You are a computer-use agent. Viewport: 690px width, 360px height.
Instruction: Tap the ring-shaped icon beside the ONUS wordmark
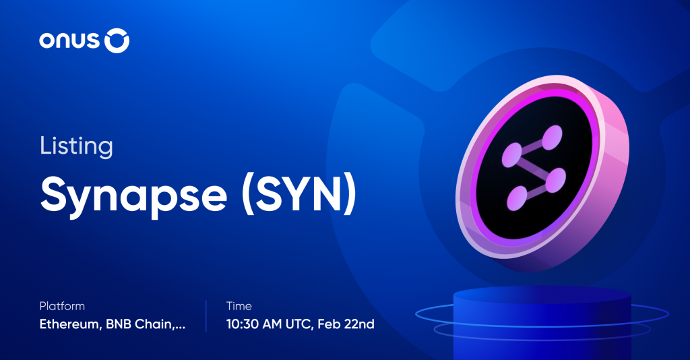tap(117, 42)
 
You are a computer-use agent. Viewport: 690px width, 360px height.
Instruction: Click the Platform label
tap(62, 306)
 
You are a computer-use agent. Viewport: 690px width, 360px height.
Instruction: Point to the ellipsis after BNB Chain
tap(180, 327)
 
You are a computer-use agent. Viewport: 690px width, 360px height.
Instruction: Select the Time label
tap(239, 306)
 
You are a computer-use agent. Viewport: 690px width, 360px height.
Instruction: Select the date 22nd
tap(361, 324)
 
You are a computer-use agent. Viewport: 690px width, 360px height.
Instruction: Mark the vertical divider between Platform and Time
tap(206, 316)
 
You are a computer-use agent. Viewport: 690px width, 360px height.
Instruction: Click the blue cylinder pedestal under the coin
tap(542, 324)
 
